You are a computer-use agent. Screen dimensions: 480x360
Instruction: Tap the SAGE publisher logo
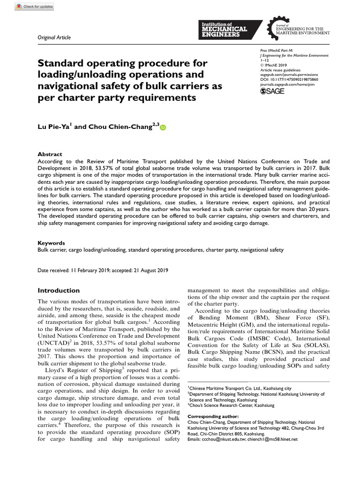pyautogui.click(x=271, y=91)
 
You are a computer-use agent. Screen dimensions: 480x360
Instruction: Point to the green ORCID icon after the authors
pyautogui.click(x=163, y=127)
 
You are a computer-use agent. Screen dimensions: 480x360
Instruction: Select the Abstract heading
pyautogui.click(x=50, y=154)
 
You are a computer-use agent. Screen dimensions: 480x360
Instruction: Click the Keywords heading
pyautogui.click(x=51, y=243)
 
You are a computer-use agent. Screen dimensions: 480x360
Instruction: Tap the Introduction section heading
pyautogui.click(x=59, y=290)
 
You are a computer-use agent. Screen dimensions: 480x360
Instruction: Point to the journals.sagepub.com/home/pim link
pyautogui.click(x=287, y=85)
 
